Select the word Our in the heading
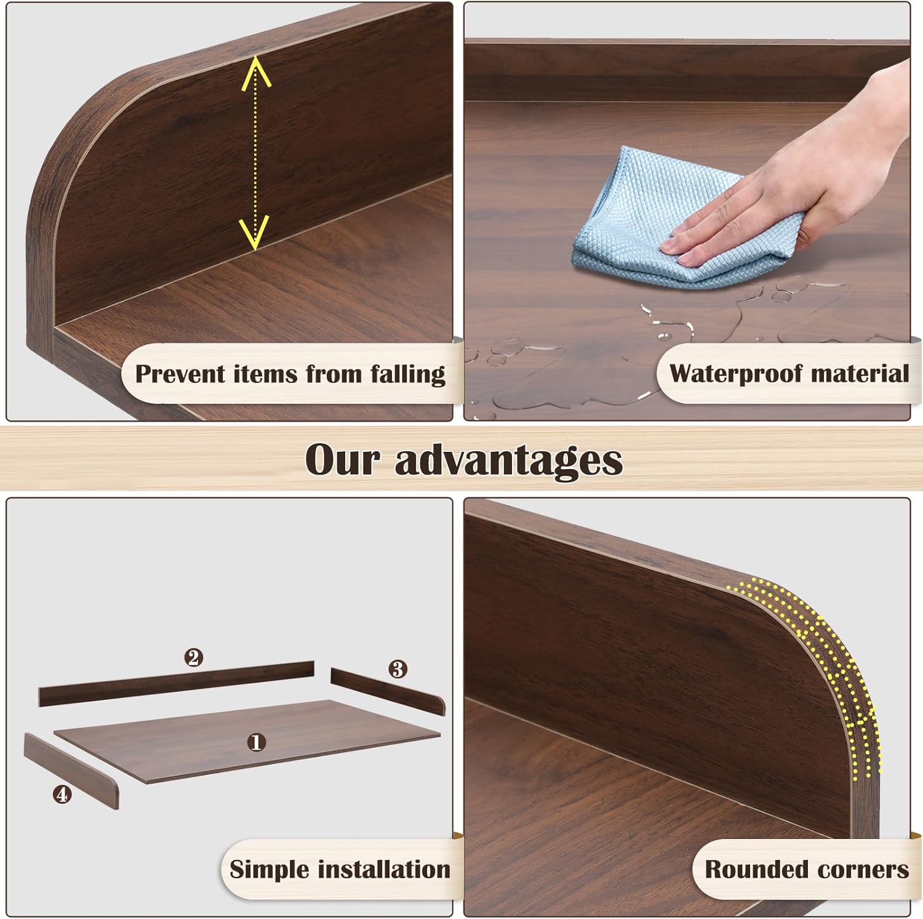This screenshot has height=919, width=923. tap(342, 460)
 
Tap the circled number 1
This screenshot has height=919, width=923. tap(256, 742)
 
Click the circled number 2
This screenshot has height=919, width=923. tap(194, 658)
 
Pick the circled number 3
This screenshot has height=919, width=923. tap(398, 668)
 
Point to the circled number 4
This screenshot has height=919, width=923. tap(62, 795)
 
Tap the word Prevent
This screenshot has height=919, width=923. tap(180, 374)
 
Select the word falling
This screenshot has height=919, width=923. tap(408, 374)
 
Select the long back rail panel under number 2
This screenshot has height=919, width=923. tap(176, 684)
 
